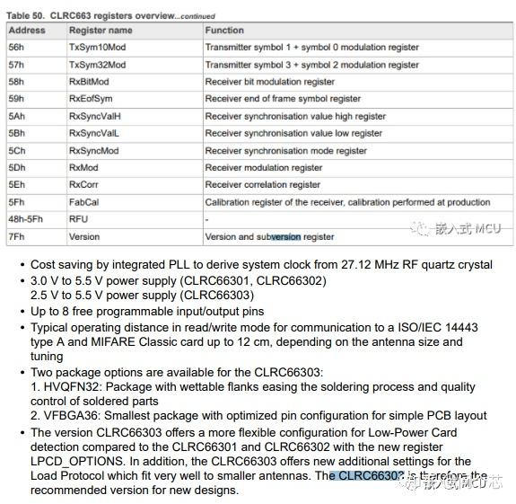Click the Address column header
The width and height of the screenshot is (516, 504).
(27, 30)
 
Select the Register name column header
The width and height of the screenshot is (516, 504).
(101, 30)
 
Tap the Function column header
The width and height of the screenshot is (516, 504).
(224, 30)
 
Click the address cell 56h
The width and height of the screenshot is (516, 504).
(17, 48)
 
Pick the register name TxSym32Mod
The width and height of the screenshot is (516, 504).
(97, 65)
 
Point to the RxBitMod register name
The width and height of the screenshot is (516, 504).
(91, 82)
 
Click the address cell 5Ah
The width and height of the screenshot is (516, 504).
(17, 116)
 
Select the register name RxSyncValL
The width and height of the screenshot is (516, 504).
(93, 133)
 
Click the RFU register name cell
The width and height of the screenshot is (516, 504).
(79, 219)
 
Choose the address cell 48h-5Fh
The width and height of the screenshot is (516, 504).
(26, 219)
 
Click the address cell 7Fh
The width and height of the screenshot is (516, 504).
(17, 236)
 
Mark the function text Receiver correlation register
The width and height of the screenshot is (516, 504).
(262, 185)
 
